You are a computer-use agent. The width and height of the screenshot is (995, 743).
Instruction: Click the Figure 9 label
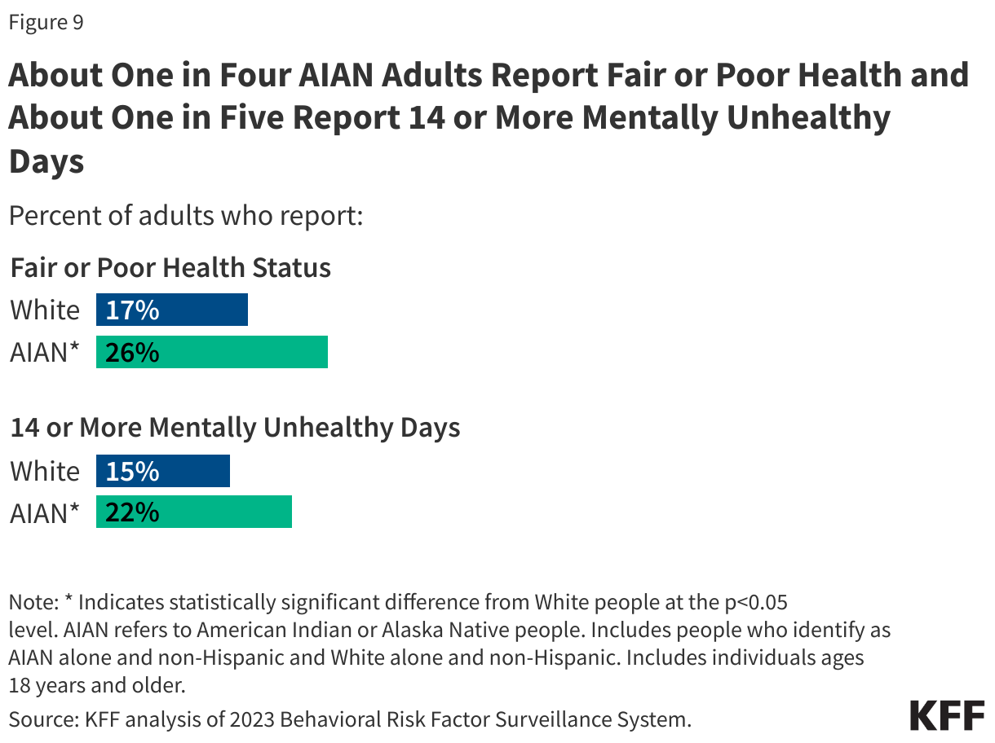[46, 23]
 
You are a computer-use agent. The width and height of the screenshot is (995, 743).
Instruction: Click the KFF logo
[947, 715]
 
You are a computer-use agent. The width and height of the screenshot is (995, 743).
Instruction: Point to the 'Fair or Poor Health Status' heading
[170, 268]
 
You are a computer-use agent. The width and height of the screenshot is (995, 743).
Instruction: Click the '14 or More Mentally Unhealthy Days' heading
[235, 429]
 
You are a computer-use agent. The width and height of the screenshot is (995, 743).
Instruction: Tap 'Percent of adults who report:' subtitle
[185, 218]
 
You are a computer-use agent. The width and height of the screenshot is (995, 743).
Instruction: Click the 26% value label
[132, 354]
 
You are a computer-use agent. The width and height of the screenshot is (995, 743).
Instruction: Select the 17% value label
[132, 310]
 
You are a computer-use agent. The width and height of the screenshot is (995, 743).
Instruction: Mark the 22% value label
[132, 513]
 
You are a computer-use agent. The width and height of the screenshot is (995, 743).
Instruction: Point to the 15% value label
[132, 472]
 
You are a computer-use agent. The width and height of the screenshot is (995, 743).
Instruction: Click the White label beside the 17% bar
[45, 310]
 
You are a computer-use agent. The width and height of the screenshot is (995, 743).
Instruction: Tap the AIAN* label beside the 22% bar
[45, 513]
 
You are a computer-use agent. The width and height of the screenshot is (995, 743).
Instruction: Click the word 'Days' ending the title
[46, 160]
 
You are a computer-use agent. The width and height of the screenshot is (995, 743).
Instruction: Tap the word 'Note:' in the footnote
[33, 603]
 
